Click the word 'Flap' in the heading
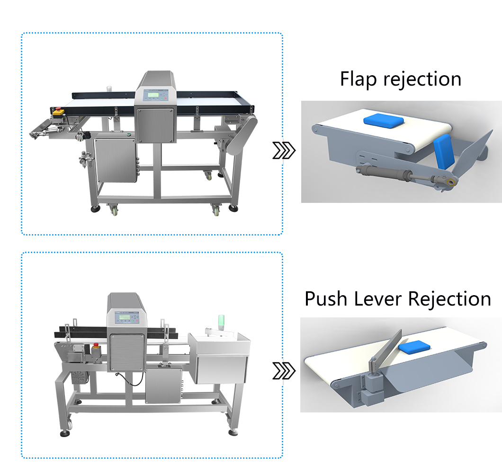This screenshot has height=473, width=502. pos(359,79)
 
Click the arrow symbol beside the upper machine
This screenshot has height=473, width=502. pos(284,151)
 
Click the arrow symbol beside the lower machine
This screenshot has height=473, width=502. pos(284,371)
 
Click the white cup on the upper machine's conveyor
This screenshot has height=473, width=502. pos(110,88)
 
